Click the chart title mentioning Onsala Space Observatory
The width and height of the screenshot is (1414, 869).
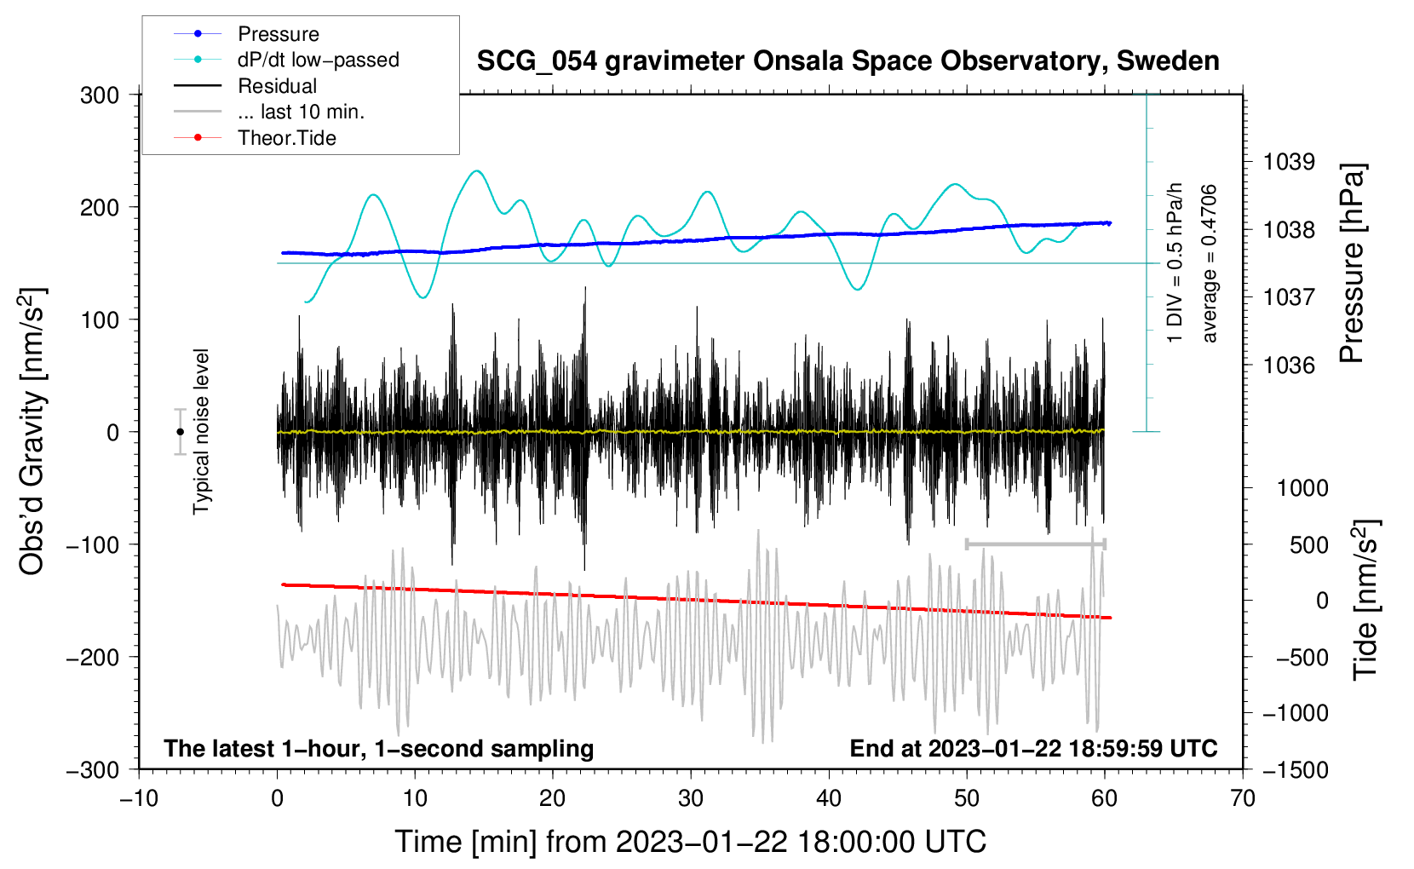point(848,61)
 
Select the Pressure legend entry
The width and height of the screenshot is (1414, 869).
point(278,34)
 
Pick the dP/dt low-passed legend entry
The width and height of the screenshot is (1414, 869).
point(318,60)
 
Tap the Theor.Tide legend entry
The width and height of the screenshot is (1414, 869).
point(286,138)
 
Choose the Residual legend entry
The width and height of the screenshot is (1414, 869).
point(277,86)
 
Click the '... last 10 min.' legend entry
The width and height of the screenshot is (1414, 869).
point(301,112)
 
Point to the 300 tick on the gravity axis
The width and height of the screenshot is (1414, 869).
point(100,95)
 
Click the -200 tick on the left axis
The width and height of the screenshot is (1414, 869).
point(95,657)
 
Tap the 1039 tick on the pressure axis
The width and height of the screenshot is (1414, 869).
point(1289,162)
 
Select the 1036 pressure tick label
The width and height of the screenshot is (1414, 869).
point(1289,365)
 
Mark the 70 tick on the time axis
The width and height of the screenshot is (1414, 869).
point(1243,798)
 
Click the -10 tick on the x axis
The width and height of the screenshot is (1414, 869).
point(138,798)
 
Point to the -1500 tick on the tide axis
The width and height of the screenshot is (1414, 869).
point(1296,769)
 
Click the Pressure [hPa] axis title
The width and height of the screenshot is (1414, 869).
point(1352,264)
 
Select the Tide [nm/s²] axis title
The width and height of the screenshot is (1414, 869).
point(1365,600)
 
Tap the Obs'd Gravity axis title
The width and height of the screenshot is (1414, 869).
point(32,431)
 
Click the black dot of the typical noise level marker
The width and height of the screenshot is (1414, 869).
point(180,432)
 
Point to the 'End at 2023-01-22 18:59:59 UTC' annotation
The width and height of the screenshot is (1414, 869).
point(1033,748)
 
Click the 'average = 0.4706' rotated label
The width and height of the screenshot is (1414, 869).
point(1209,264)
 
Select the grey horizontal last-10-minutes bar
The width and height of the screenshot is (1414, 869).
point(1035,544)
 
